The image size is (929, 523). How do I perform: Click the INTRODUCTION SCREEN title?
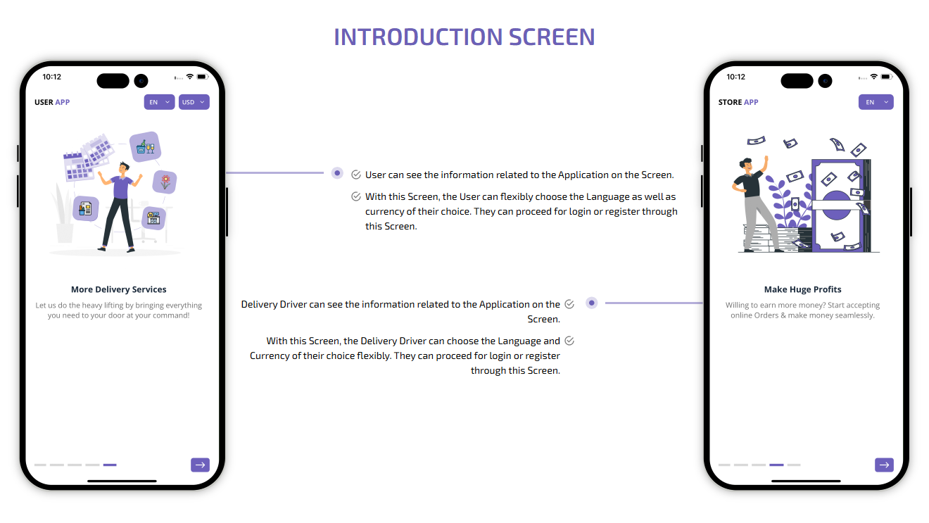pyautogui.click(x=464, y=37)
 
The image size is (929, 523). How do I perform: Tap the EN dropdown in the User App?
pyautogui.click(x=159, y=102)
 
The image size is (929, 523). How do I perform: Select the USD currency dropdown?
pyautogui.click(x=194, y=102)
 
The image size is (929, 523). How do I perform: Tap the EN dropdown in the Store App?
pyautogui.click(x=876, y=102)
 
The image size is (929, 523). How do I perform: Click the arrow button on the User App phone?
pyautogui.click(x=200, y=465)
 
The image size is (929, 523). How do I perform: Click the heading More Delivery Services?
pyautogui.click(x=119, y=289)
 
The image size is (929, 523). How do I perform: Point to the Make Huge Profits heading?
pyautogui.click(x=802, y=289)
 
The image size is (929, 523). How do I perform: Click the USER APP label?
pyautogui.click(x=52, y=102)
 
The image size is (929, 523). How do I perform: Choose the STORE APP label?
pyautogui.click(x=738, y=102)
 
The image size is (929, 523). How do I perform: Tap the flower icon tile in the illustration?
pyautogui.click(x=165, y=182)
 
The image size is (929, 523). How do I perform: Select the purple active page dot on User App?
pyautogui.click(x=110, y=465)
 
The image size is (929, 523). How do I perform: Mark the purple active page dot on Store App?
pyautogui.click(x=776, y=465)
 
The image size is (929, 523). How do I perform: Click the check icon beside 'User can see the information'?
pyautogui.click(x=356, y=175)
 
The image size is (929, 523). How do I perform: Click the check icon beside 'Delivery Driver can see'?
pyautogui.click(x=569, y=304)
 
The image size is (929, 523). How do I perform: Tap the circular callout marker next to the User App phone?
pyautogui.click(x=337, y=172)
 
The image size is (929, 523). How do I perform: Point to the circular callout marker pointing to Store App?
pyautogui.click(x=592, y=303)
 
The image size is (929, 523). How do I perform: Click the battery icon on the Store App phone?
pyautogui.click(x=886, y=76)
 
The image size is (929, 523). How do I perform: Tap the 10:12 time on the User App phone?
pyautogui.click(x=51, y=77)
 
